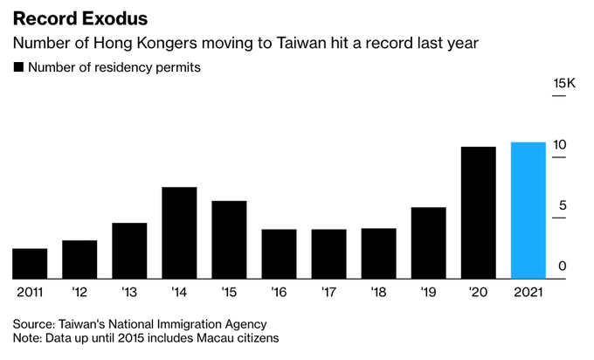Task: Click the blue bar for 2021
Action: click(528, 211)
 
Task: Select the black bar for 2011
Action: click(30, 264)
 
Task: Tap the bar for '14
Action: click(179, 233)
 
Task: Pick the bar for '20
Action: click(479, 213)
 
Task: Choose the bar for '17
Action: click(329, 254)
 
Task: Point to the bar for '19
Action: click(429, 244)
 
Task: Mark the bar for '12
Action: click(79, 260)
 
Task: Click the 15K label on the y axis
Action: click(564, 83)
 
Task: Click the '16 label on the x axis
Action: click(280, 292)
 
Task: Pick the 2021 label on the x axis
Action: click(528, 292)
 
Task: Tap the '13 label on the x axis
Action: click(129, 292)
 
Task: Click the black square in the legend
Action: click(18, 67)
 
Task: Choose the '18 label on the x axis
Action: click(379, 292)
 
